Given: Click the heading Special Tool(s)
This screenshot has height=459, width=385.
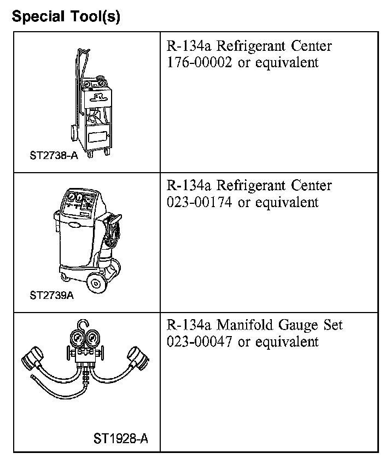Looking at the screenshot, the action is (x=66, y=16).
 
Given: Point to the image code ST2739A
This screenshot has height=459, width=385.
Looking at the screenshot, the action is (x=51, y=295).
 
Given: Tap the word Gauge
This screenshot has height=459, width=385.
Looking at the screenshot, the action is (x=299, y=326).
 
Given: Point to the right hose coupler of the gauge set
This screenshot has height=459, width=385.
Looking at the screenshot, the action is (x=136, y=358).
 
